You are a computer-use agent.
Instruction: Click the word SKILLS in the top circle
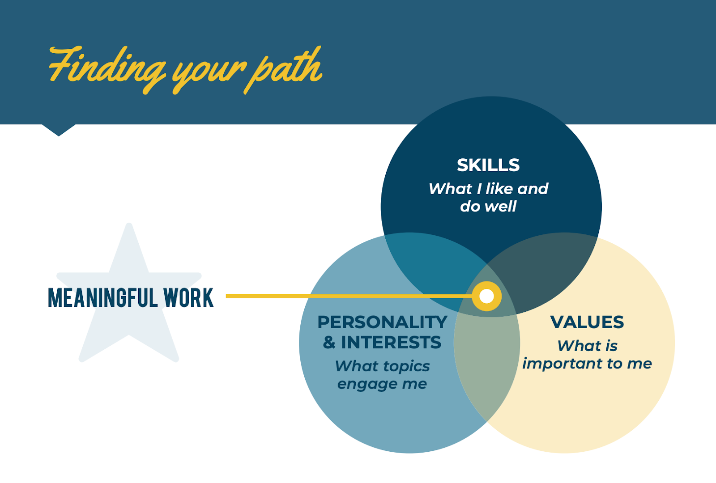488,165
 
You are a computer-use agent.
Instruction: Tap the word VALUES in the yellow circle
587,322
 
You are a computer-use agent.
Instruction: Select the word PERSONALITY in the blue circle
382,322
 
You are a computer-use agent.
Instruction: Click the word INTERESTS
391,343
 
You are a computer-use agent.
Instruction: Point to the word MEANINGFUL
102,298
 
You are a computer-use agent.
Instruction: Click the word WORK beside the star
188,298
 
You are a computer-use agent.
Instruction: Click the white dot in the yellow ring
486,296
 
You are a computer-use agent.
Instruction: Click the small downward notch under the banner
59,130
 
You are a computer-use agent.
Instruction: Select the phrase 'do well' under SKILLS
488,206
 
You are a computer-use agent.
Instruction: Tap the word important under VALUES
562,364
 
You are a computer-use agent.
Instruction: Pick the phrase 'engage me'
382,384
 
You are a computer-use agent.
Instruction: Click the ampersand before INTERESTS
329,343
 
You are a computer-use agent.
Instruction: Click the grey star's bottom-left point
82,358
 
